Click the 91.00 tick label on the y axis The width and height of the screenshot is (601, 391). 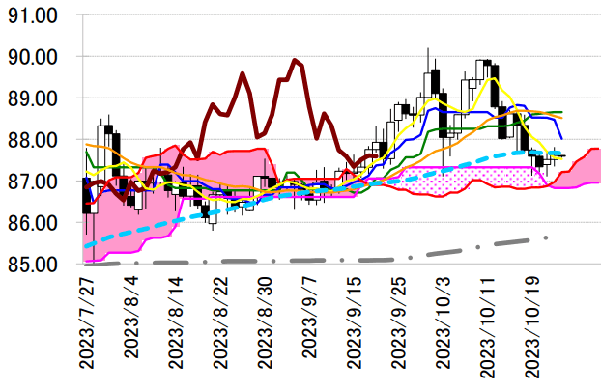coord(34,16)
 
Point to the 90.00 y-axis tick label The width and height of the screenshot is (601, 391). coord(34,57)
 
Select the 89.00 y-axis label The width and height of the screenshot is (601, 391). coord(34,98)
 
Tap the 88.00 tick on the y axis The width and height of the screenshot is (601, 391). coord(34,140)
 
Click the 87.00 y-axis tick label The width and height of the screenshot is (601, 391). coord(34,182)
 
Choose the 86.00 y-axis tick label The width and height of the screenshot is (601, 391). coord(34,223)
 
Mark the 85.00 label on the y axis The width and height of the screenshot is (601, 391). coord(34,264)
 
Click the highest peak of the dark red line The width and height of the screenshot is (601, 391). coord(295,61)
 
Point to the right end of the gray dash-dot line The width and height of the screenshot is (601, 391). coord(548,237)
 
